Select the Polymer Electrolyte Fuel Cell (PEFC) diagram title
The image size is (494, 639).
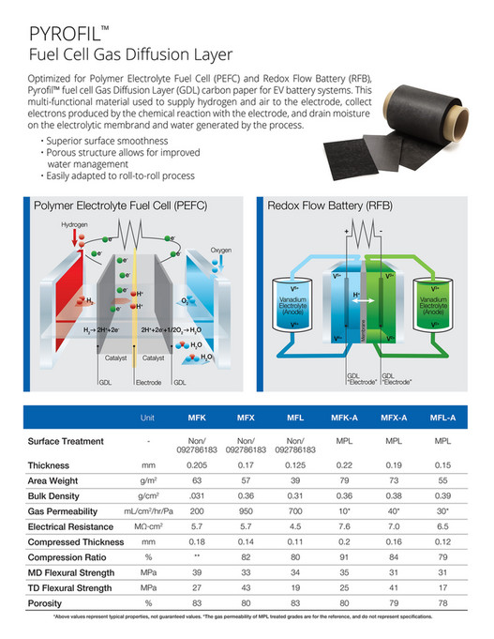[x=120, y=205]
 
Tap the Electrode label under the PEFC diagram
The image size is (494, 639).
[x=149, y=383]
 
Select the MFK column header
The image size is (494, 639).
[x=198, y=417]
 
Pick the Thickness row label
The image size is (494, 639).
[x=49, y=464]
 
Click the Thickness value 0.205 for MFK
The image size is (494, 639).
[x=198, y=464]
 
